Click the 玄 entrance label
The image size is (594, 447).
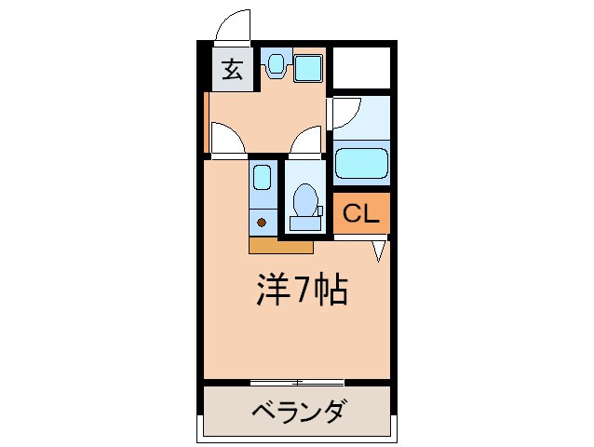[232, 70]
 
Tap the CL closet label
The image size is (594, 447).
[361, 214]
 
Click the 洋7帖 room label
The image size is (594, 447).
[302, 291]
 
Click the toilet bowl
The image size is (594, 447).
[303, 197]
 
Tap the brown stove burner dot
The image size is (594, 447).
[263, 223]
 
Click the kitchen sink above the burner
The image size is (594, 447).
[263, 180]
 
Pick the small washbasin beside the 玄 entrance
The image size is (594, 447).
[276, 64]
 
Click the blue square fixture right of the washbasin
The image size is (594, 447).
[307, 67]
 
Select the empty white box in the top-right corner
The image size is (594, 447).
[361, 67]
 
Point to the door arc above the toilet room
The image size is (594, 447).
[304, 142]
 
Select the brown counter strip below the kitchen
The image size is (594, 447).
[280, 246]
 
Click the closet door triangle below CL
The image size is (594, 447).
[380, 251]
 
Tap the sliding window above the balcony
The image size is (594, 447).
[297, 381]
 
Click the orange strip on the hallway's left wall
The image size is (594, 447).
[205, 121]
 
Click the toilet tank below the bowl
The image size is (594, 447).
[304, 223]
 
